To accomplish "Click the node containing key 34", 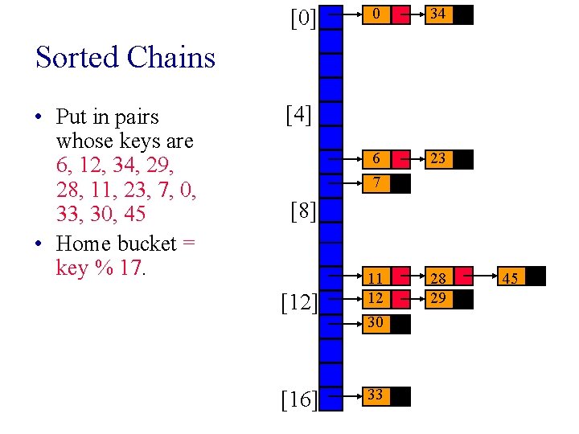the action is pos(438,14).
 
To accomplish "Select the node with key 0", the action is pos(375,14).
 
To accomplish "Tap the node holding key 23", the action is pos(438,159).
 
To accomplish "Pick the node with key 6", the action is pos(375,159).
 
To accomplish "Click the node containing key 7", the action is pos(375,184).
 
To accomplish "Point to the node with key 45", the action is pos(510,278).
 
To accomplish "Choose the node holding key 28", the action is pos(438,278).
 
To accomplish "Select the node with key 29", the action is pos(438,299).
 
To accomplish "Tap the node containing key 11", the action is pos(375,278).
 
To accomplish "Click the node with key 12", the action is pos(375,299).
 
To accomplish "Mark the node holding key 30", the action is pos(375,324).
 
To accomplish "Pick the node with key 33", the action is pos(375,395).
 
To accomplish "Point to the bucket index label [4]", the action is pos(298,116).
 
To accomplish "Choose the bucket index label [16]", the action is pos(298,400).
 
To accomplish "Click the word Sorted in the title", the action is pos(74,58).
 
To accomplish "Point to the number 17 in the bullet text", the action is pos(129,268).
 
